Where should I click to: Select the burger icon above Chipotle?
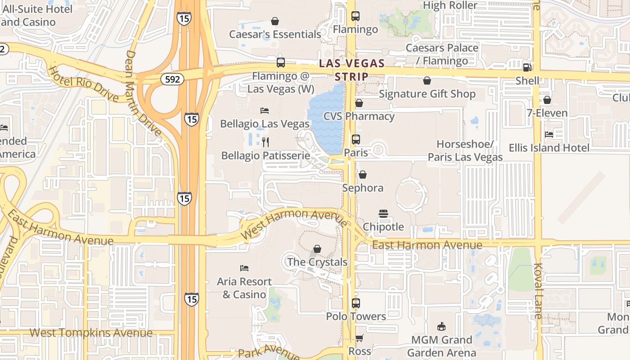coord(383,213)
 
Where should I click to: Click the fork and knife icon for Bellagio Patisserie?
coord(265,142)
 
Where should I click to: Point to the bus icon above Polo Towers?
coord(356,303)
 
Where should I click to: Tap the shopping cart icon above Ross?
coord(359,338)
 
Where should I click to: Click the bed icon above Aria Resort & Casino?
coord(244,268)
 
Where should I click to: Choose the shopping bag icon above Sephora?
coord(363,175)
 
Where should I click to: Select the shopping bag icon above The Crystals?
coord(317,249)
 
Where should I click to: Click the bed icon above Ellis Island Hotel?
coord(549,134)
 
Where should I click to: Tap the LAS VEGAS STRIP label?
coord(352,70)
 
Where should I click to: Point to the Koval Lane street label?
coord(538,291)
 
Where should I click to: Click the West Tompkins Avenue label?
coord(91,333)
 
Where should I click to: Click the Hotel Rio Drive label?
coord(83,84)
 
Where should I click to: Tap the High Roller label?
coord(450,5)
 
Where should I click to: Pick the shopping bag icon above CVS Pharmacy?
coord(359,103)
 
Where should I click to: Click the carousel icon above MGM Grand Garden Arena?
coord(441,327)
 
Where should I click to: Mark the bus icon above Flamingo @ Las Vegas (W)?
coord(281,63)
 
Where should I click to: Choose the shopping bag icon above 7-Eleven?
coord(547,100)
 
